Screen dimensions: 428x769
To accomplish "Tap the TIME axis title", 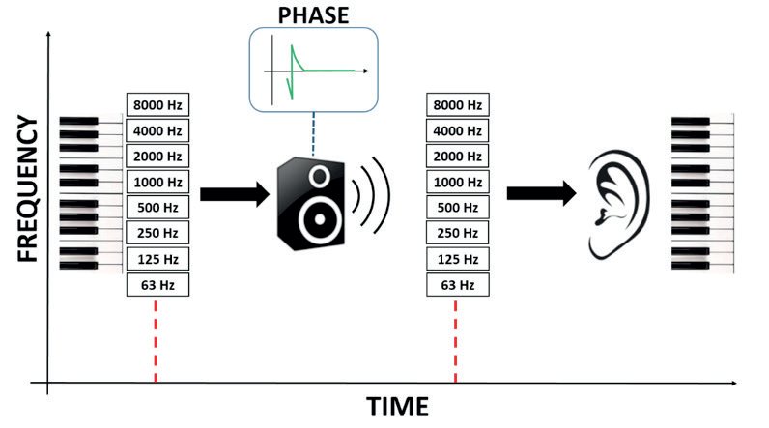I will [397, 406].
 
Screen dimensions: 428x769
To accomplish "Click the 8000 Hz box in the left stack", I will [156, 104].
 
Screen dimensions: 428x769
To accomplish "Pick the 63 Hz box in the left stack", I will [156, 285].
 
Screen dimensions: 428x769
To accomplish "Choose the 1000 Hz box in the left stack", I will [156, 182].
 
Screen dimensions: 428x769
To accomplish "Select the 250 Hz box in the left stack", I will [156, 233].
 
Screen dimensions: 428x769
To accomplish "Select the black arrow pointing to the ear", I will [536, 193].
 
